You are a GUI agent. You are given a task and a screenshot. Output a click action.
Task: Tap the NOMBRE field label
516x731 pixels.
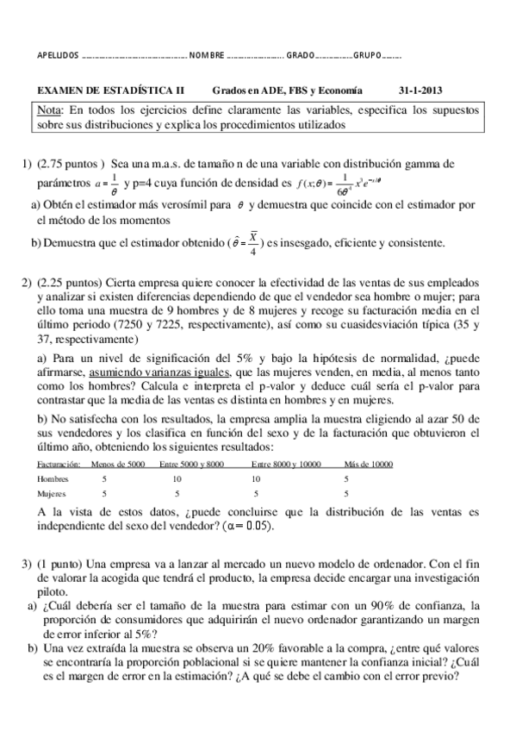click(207, 57)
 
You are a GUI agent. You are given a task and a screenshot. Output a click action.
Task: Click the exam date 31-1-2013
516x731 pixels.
click(420, 90)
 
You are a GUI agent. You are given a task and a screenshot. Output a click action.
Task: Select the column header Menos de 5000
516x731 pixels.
click(117, 464)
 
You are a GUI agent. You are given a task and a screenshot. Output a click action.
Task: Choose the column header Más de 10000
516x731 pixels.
click(369, 464)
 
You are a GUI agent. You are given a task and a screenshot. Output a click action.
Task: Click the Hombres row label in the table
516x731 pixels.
click(53, 478)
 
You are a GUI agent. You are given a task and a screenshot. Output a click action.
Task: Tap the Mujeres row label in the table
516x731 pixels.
click(53, 494)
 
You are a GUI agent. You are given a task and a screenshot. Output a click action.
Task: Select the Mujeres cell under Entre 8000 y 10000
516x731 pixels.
click(256, 494)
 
